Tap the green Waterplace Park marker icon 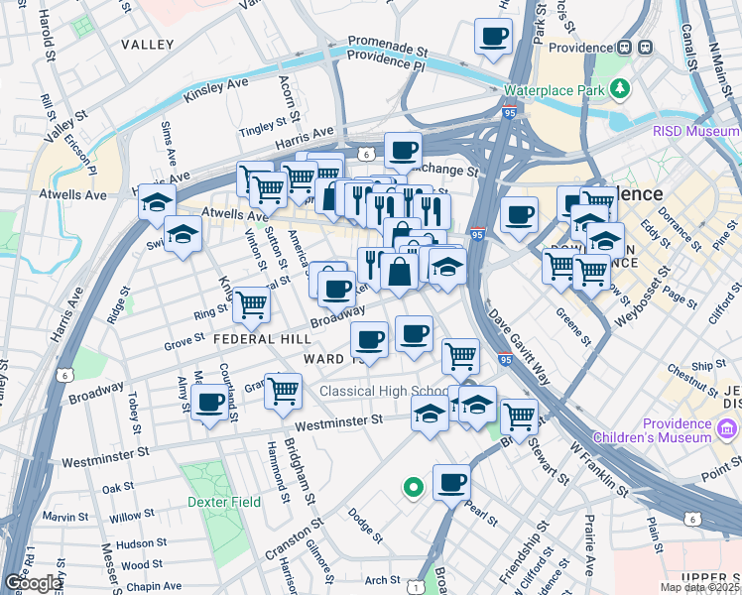click(621, 88)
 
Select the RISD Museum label click(694, 131)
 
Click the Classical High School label click(384, 391)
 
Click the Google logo click(33, 583)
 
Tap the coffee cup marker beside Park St click(493, 38)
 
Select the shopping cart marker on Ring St click(251, 304)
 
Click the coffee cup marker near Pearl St click(451, 483)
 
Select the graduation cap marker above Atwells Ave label click(157, 202)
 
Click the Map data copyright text click(700, 587)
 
